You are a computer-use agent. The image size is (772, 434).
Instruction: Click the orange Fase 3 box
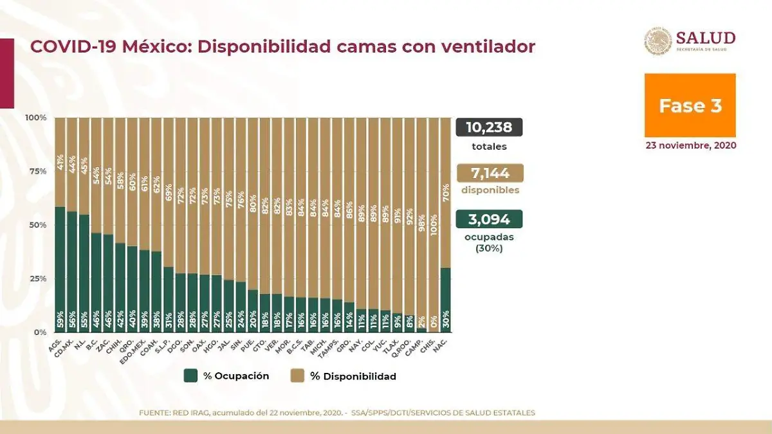click(x=690, y=105)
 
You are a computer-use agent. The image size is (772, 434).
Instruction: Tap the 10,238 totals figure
click(x=489, y=127)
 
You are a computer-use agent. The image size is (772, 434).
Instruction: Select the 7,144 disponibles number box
click(x=489, y=174)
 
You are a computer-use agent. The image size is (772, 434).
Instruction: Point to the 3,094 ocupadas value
click(x=489, y=220)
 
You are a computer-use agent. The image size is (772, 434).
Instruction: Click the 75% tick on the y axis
click(x=35, y=171)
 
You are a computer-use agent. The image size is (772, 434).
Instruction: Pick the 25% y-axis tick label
click(x=35, y=278)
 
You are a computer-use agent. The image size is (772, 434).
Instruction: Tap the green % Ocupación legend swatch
click(x=190, y=376)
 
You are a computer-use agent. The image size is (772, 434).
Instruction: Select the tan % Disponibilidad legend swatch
click(x=297, y=376)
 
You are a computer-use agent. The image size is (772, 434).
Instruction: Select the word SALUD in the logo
click(x=705, y=38)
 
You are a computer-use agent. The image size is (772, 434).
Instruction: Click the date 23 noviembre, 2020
click(x=691, y=145)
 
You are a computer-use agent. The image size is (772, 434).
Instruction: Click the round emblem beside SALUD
click(x=658, y=41)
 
